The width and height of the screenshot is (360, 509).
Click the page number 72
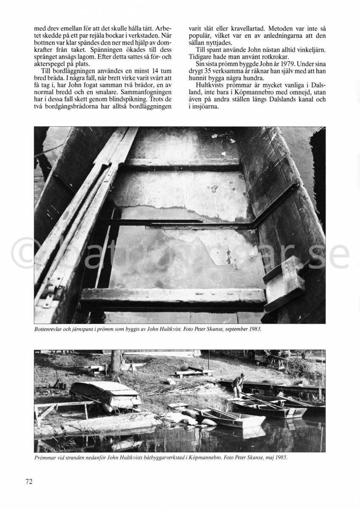pos(29,481)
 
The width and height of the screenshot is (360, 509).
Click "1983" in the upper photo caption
pos(252,329)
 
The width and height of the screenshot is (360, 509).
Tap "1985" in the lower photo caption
pos(285,458)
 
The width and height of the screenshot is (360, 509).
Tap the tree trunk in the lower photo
pos(115,361)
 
